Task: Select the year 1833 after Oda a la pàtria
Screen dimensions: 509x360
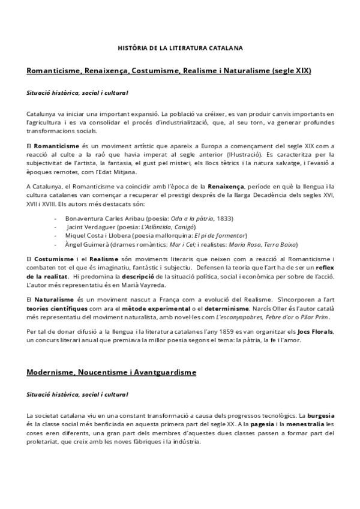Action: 225,218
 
